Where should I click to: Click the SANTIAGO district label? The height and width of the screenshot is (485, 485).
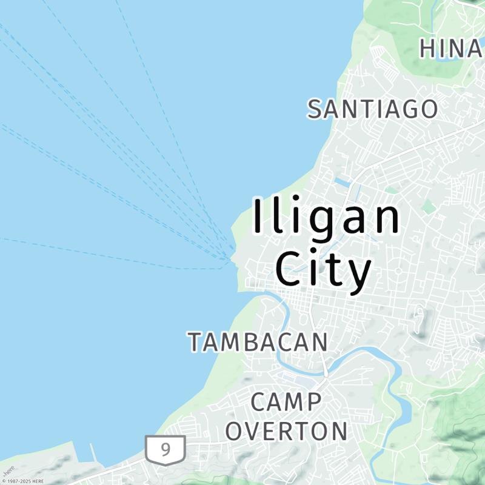(x=372, y=109)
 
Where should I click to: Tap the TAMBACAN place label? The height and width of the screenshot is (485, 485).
(x=258, y=343)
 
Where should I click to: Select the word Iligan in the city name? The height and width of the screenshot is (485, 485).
(x=326, y=217)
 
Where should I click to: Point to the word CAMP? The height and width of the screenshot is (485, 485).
(x=286, y=402)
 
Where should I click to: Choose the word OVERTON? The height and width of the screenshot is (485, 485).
(x=286, y=431)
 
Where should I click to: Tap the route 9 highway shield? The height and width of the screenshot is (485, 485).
(x=166, y=450)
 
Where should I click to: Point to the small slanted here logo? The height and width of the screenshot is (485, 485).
(x=9, y=470)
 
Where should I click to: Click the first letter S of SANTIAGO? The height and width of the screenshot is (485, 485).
(x=315, y=109)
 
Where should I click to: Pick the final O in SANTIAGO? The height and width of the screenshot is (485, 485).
(x=429, y=109)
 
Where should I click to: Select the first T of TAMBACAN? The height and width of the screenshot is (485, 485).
(x=194, y=343)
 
